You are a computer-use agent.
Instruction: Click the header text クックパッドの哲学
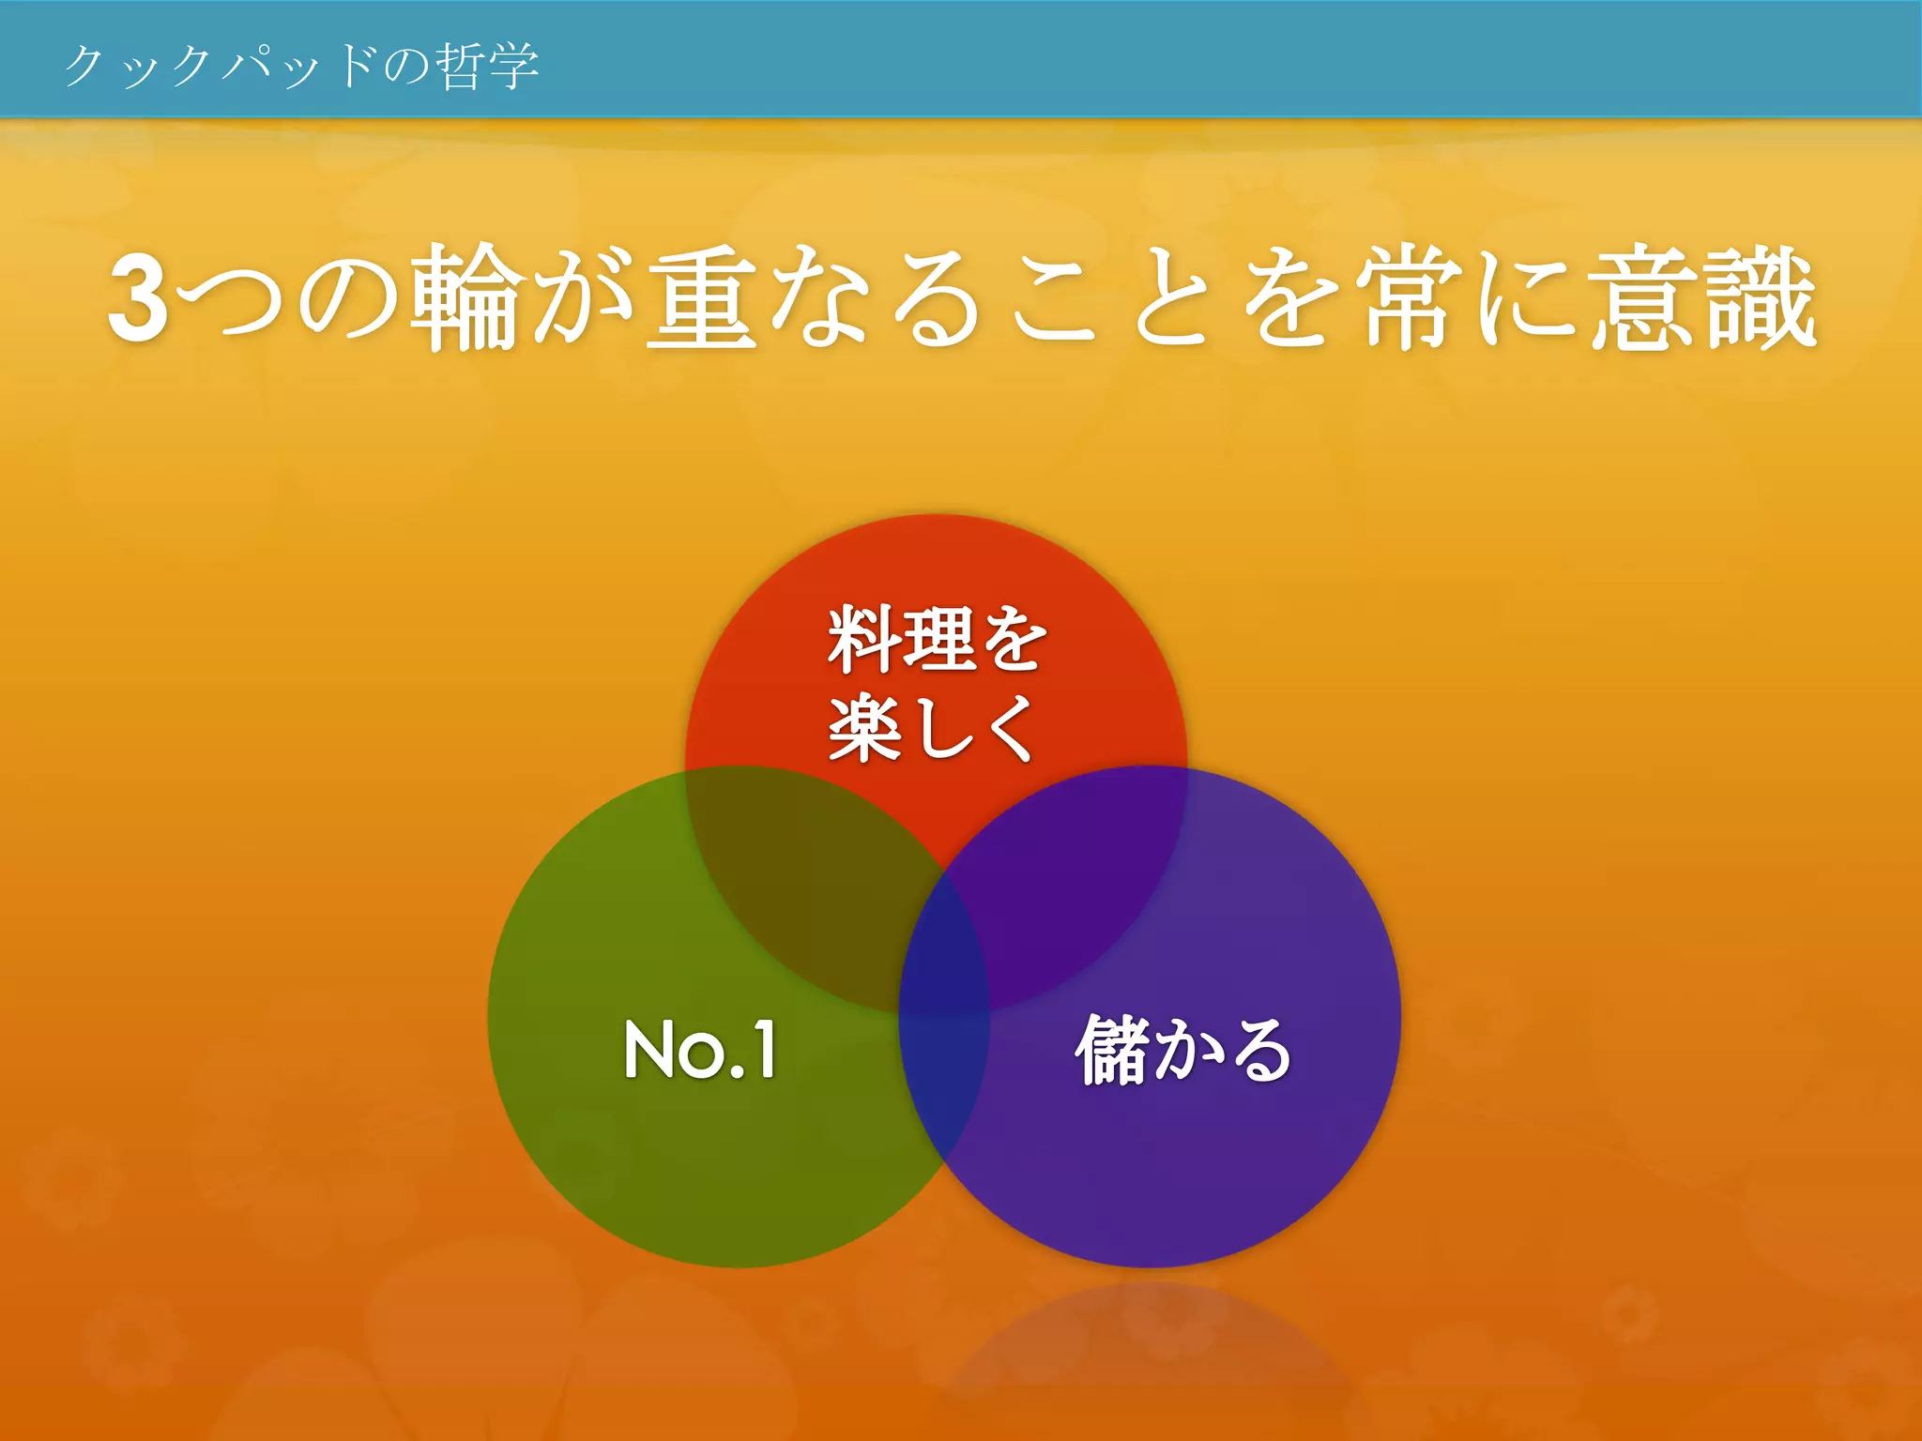(x=300, y=66)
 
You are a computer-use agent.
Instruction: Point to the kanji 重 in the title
(x=704, y=298)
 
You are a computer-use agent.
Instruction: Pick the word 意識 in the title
(x=1703, y=298)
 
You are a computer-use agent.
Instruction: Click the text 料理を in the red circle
(x=937, y=640)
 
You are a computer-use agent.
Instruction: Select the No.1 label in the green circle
(x=700, y=1050)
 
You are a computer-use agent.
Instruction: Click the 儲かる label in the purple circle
(x=1182, y=1050)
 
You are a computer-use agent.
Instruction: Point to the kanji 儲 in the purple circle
(x=1111, y=1050)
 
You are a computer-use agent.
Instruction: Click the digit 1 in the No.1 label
(x=764, y=1050)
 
